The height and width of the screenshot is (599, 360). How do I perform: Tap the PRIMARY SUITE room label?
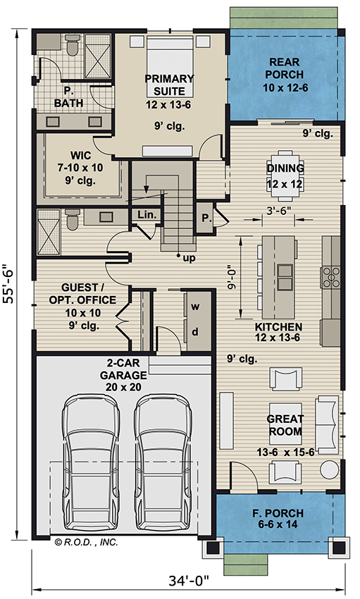click(x=166, y=85)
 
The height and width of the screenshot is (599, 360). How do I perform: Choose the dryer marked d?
click(x=194, y=332)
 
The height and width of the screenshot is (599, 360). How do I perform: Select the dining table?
click(x=285, y=168)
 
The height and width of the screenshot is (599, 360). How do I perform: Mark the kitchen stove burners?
click(x=330, y=277)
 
